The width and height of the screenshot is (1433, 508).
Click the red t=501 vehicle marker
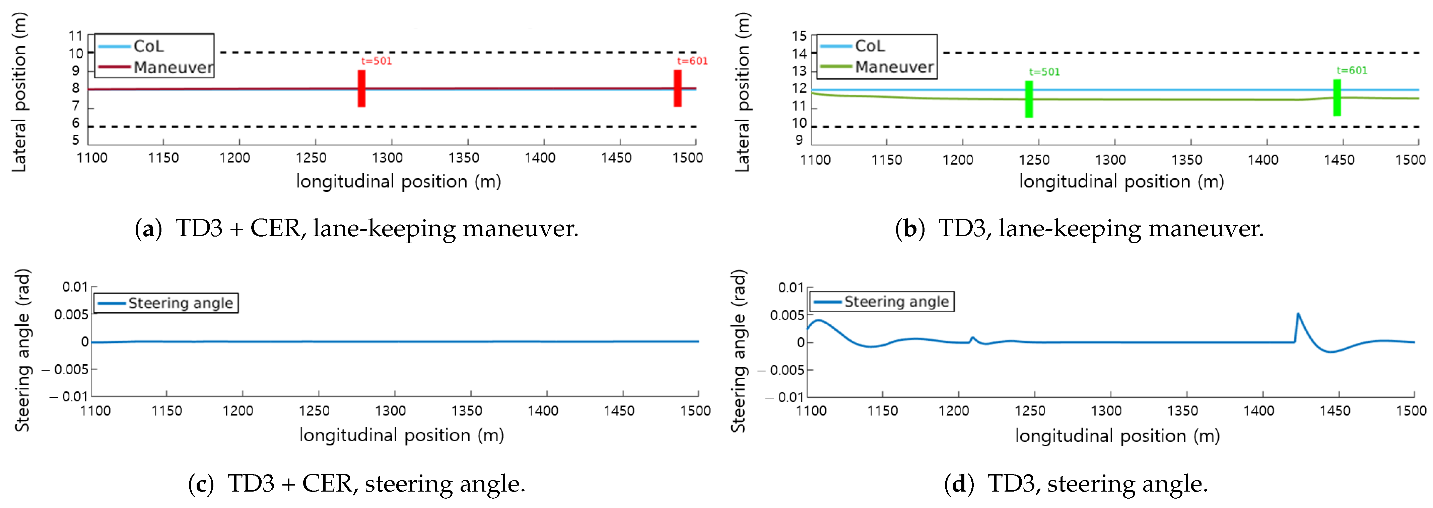pyautogui.click(x=361, y=88)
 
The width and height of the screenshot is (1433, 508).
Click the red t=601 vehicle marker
pyautogui.click(x=678, y=88)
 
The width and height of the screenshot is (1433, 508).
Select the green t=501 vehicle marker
pyautogui.click(x=1029, y=99)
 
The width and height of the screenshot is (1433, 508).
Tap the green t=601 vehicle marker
pyautogui.click(x=1337, y=98)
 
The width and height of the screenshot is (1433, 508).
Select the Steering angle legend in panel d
pyautogui.click(x=882, y=302)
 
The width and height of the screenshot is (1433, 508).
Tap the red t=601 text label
pyautogui.click(x=692, y=61)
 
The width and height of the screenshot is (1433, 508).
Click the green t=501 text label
pyautogui.click(x=1044, y=72)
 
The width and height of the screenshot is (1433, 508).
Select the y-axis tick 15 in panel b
pyautogui.click(x=799, y=36)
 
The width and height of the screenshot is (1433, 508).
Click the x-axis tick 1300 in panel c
pyautogui.click(x=391, y=410)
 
